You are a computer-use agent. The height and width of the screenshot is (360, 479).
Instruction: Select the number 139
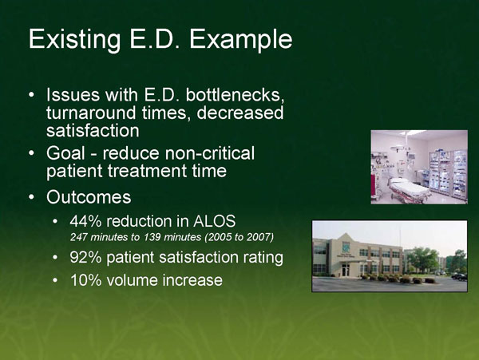point(154,238)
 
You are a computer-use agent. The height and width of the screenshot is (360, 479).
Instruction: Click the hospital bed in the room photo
point(406,188)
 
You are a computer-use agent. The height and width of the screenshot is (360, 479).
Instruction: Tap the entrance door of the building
point(346,271)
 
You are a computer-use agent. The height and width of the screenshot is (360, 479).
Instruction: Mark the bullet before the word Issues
point(30,98)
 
